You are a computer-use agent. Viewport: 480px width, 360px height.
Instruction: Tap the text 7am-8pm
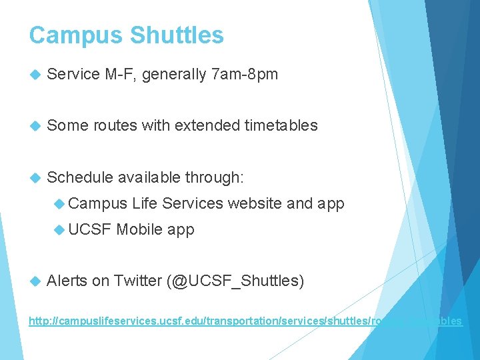point(244,75)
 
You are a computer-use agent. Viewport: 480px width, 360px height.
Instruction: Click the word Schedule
point(80,177)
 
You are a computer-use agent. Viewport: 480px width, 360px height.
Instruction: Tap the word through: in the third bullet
point(215,177)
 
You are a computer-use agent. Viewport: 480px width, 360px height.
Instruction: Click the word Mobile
point(139,230)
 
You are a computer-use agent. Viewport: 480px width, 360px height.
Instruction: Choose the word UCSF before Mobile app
point(90,230)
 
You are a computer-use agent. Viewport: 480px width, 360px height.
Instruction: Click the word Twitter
point(137,281)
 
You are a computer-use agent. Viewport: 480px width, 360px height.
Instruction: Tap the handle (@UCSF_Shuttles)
point(235,281)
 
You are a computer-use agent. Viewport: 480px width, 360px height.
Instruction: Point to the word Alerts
point(67,281)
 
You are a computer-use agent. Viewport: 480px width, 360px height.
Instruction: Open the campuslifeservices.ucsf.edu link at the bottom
point(245,321)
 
